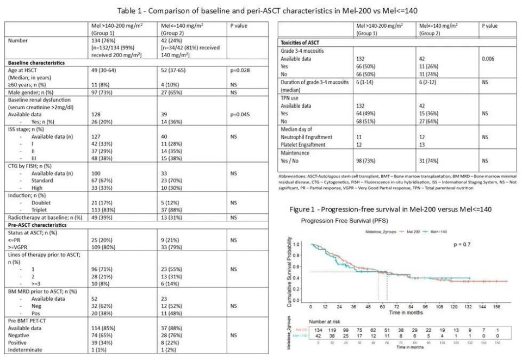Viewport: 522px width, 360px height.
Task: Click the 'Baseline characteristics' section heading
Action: [36, 63]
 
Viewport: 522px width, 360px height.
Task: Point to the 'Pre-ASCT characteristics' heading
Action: [38, 224]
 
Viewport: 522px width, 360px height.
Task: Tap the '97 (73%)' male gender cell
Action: [101, 92]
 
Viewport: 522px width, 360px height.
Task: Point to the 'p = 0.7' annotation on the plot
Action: [464, 245]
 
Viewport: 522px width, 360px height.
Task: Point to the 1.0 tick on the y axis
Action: [296, 245]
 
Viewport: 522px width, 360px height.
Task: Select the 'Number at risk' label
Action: [326, 321]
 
